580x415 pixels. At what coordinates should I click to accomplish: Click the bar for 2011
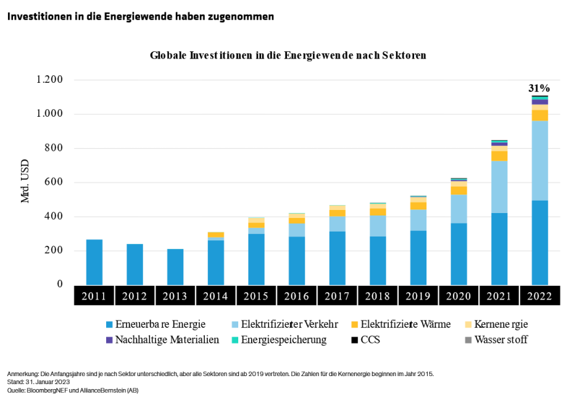click(x=94, y=262)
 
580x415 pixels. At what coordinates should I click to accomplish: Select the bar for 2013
click(x=175, y=267)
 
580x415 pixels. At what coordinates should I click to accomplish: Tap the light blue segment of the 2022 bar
click(x=540, y=161)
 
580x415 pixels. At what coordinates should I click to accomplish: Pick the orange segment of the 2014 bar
click(x=216, y=235)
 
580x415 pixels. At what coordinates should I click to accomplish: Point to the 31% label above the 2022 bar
click(x=539, y=88)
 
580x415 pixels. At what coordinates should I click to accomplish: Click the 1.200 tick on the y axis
click(x=50, y=80)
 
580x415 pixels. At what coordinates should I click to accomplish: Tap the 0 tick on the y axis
click(x=60, y=285)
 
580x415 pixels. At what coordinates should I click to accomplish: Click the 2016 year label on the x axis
click(x=297, y=296)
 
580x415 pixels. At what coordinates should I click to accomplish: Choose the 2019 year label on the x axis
click(x=418, y=296)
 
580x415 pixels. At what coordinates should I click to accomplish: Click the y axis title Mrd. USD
click(x=25, y=182)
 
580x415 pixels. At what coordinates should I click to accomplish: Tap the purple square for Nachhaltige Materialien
click(x=110, y=340)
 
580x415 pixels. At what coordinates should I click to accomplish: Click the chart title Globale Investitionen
click(x=288, y=56)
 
